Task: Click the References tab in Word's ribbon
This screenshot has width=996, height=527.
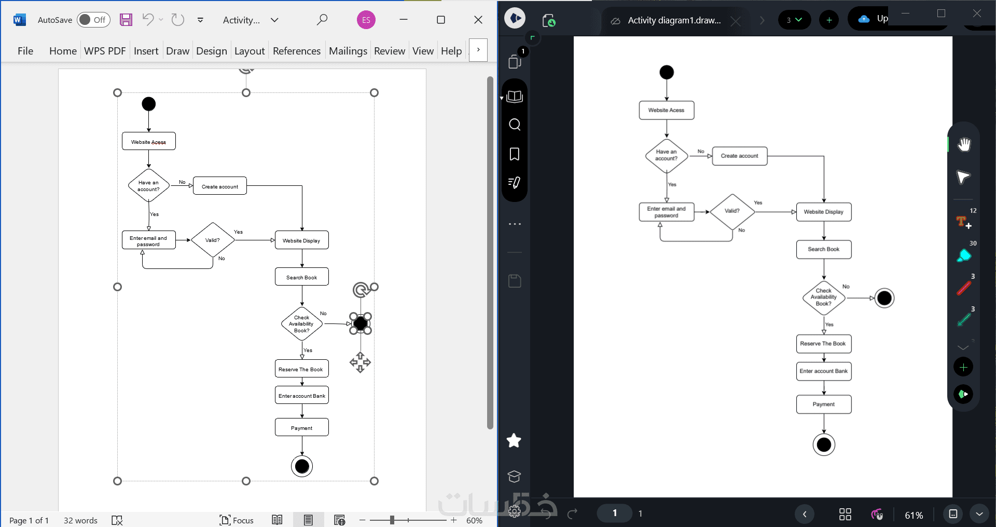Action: (x=297, y=51)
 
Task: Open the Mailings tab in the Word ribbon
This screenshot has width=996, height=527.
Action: (x=348, y=51)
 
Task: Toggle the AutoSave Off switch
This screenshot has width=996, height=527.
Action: (x=93, y=20)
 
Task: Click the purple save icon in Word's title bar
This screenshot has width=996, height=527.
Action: (x=126, y=20)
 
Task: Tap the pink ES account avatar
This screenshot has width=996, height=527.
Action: (x=366, y=20)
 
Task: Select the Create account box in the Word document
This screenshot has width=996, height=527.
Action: (x=220, y=186)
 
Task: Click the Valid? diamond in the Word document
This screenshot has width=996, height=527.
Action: (x=213, y=240)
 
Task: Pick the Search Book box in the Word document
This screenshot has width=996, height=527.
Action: (x=302, y=277)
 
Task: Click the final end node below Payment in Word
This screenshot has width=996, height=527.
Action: (x=302, y=466)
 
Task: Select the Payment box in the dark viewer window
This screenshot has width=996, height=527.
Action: (x=824, y=404)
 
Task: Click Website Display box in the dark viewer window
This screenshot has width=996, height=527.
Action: (x=824, y=212)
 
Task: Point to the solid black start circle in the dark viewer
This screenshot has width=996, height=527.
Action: (x=667, y=72)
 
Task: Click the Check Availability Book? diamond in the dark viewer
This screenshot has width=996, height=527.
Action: (x=824, y=298)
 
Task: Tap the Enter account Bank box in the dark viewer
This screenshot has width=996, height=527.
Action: (x=824, y=371)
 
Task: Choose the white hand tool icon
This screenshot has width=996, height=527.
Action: (x=964, y=144)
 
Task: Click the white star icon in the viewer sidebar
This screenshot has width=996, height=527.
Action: (x=514, y=440)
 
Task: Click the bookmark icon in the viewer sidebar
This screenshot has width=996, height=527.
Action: (x=515, y=154)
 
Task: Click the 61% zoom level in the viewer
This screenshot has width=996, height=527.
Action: (x=914, y=515)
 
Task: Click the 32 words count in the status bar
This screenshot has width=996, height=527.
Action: (x=80, y=520)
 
